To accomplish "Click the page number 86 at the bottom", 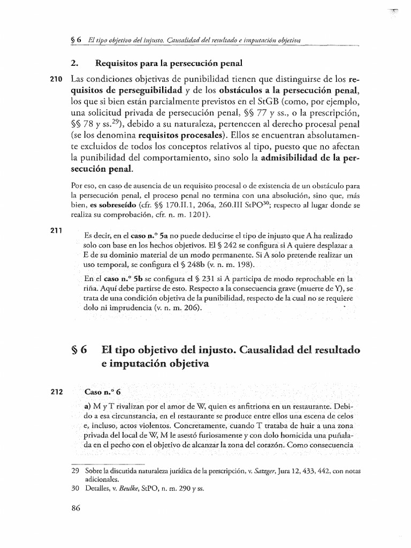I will click(75, 509).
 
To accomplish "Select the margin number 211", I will click(56, 231).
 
